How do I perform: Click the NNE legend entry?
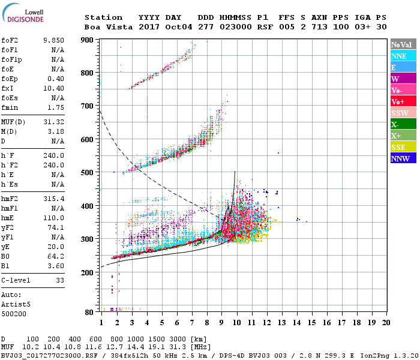coord(403,56)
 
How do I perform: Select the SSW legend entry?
coord(403,113)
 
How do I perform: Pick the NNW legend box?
coord(403,158)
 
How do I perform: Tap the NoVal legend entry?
coord(403,44)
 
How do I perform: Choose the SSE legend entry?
coord(403,147)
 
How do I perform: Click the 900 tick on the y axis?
coord(88,40)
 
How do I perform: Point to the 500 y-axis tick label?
coord(88,173)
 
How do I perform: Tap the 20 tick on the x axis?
coord(386,323)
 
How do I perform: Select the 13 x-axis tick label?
coord(283,323)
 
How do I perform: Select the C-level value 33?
coord(60,280)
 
